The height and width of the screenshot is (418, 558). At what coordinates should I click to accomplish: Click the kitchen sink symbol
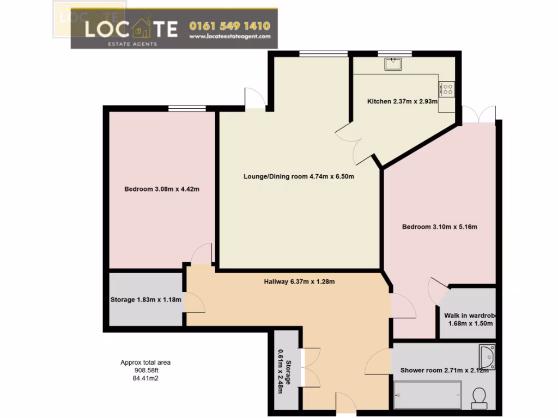393,64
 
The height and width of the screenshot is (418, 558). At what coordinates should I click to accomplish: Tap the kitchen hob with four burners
447,88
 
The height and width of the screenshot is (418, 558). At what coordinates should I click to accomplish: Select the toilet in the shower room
480,397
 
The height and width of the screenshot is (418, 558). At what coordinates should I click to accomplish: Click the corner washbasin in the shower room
487,356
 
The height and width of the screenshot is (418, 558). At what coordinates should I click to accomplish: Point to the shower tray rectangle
427,395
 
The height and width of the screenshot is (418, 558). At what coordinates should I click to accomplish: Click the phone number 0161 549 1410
229,26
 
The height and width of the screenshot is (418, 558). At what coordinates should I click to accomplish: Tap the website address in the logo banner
229,36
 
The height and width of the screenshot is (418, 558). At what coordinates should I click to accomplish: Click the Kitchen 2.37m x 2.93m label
403,102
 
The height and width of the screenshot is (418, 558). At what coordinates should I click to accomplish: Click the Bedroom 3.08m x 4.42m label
162,189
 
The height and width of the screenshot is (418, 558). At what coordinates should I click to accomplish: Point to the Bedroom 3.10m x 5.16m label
439,227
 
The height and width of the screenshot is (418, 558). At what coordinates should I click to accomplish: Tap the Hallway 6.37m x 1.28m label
299,281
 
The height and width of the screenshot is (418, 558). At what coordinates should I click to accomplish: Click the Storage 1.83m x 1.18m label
145,299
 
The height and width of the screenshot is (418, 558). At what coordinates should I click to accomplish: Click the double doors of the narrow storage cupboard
301,367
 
